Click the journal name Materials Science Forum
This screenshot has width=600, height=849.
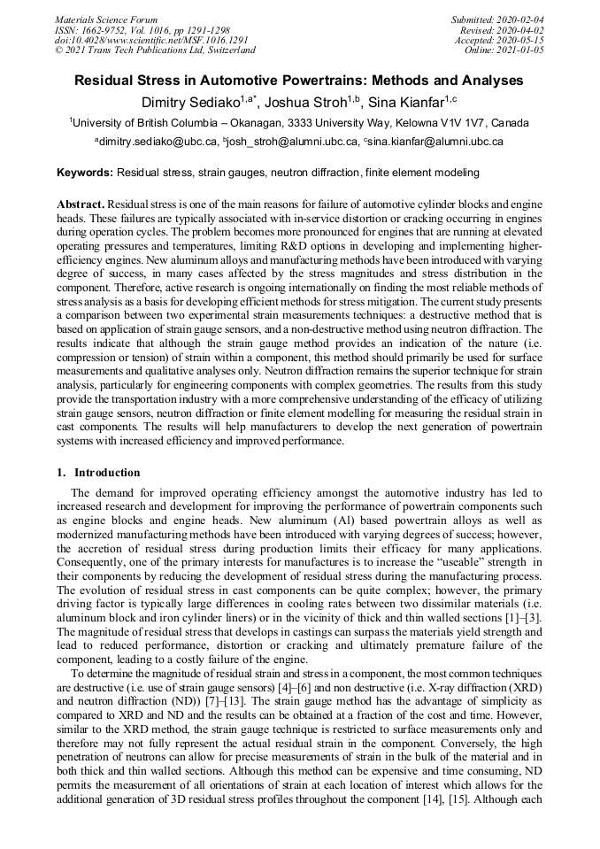[x=106, y=19]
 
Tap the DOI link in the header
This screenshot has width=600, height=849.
[x=150, y=40]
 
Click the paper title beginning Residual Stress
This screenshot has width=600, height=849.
[x=299, y=81]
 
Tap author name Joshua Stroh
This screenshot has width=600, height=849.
[x=307, y=103]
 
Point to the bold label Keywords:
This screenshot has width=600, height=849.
[x=85, y=173]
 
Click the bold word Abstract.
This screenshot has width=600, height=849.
[x=81, y=204]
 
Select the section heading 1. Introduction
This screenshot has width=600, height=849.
[x=98, y=473]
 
